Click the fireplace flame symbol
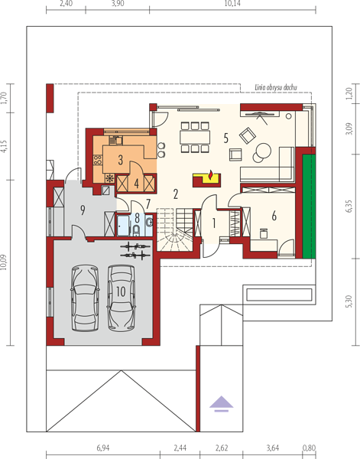(210, 174)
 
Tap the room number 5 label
(225, 138)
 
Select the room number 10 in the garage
(121, 291)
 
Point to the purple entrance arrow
(222, 404)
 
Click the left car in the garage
(85, 298)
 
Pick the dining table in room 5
(195, 137)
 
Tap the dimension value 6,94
(103, 448)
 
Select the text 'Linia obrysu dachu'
(276, 87)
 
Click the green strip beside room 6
(309, 207)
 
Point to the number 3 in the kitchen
(121, 160)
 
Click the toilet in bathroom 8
(136, 230)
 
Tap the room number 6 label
(274, 216)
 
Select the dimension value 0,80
(309, 448)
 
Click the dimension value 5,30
(349, 301)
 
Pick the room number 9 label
(83, 210)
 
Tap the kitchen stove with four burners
(98, 160)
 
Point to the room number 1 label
(214, 223)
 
